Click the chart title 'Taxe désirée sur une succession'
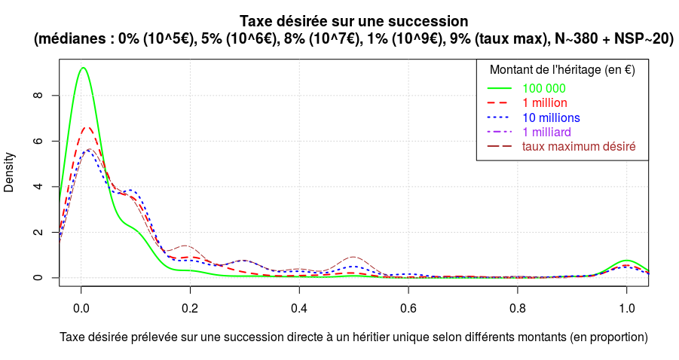[353, 21]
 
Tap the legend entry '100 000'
[543, 88]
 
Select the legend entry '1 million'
[544, 102]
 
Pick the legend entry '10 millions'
[551, 117]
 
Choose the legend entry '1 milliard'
[546, 132]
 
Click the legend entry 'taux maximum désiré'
[579, 146]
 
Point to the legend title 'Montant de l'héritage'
[562, 70]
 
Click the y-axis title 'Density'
[10, 172]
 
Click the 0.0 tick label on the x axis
[81, 309]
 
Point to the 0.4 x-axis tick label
[299, 309]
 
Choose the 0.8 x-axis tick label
[518, 309]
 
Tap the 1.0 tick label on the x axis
[626, 309]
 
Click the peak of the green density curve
[83, 68]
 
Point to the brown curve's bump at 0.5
[353, 257]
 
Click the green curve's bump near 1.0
[626, 261]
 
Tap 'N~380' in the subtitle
[574, 39]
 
